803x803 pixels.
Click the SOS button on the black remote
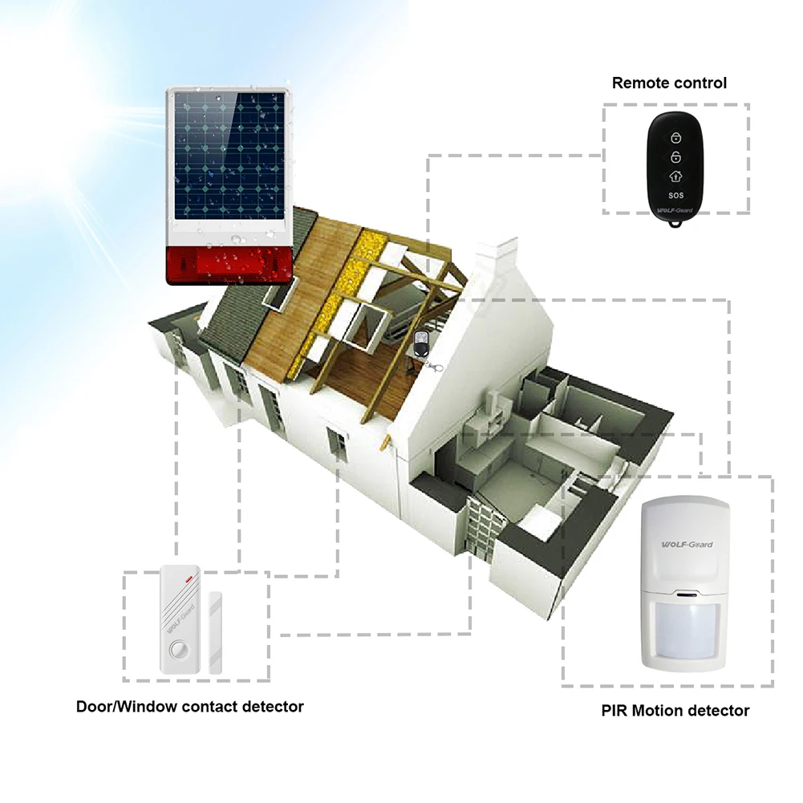(x=675, y=194)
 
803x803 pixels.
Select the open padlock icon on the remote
(x=675, y=155)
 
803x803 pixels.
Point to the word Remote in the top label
(x=639, y=83)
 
